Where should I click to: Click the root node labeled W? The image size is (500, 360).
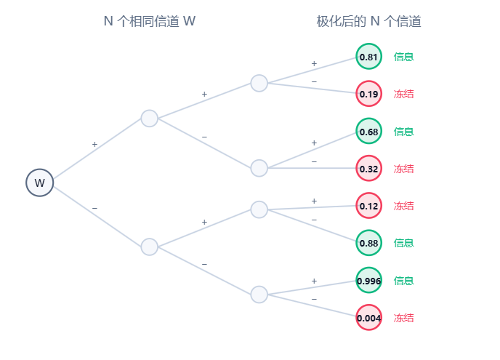pos(39,183)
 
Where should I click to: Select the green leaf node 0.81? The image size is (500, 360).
pos(368,57)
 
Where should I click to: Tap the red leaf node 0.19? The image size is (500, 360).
pos(368,94)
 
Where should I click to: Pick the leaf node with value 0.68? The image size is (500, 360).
pos(368,131)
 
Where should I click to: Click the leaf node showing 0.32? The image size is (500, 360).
pos(368,168)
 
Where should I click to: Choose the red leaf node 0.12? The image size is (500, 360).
pos(368,206)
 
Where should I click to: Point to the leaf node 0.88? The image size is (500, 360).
pos(368,243)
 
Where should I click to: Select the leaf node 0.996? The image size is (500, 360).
pos(368,280)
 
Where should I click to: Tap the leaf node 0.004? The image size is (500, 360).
pos(368,318)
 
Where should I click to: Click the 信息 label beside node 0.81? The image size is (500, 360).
pos(403,57)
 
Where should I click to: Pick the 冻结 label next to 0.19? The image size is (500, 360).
pos(403,94)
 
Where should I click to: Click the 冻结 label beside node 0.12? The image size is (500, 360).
pos(403,206)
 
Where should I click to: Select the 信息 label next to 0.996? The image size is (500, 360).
pos(403,281)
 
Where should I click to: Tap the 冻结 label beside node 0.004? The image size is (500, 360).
pos(403,318)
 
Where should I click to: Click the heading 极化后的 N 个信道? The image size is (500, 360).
pos(368,21)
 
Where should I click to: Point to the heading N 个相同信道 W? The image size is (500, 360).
pos(150,21)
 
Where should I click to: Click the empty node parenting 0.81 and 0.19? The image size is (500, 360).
pos(259,84)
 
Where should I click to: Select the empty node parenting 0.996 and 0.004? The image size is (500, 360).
pos(259,295)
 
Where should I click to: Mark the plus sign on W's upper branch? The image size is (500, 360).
pos(94,145)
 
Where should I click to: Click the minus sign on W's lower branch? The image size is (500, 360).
pos(94,209)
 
